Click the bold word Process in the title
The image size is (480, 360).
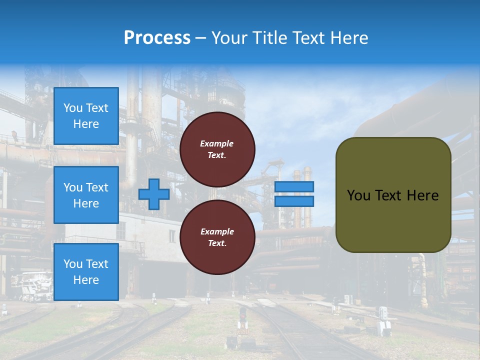pos(157,38)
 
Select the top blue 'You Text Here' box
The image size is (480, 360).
pos(86,116)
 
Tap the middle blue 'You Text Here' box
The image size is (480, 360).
pos(86,195)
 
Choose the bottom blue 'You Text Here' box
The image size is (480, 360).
pos(86,271)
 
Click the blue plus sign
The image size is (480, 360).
pos(154,194)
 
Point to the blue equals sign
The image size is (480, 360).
pos(294,194)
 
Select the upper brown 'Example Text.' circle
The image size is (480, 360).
pos(217,149)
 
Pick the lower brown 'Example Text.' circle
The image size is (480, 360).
pos(217,237)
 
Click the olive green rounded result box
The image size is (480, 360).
pos(393,195)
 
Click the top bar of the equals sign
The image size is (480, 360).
pos(294,186)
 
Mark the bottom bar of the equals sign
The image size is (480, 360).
pos(294,201)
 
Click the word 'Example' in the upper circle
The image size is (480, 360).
pos(217,143)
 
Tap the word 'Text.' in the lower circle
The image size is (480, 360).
pos(217,243)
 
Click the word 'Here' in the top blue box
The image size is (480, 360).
pos(86,124)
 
